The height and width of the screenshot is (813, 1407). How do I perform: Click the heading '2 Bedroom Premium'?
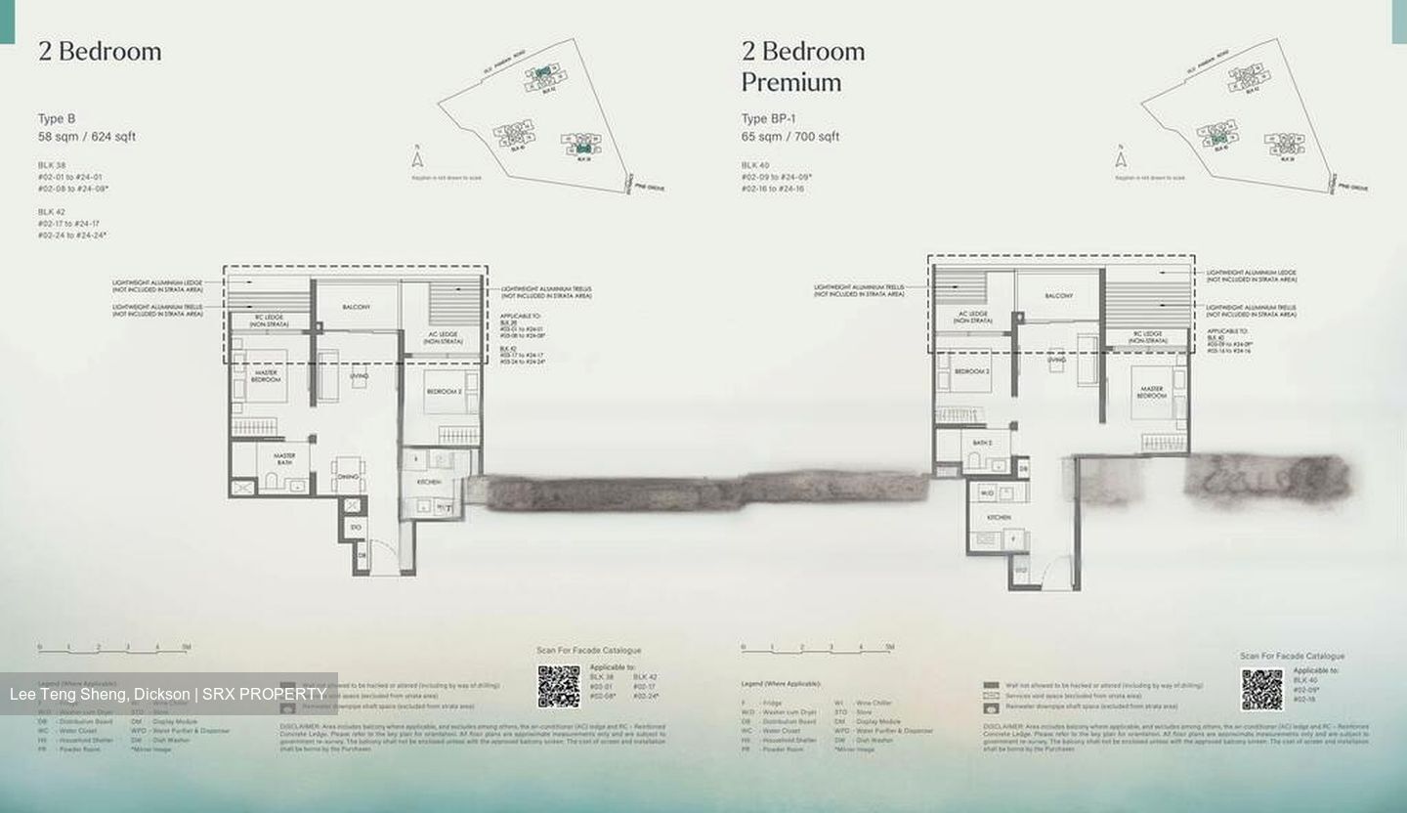coord(803,65)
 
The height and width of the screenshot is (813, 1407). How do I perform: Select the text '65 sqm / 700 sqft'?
coord(789,137)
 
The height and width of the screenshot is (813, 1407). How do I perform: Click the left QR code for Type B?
coord(558,686)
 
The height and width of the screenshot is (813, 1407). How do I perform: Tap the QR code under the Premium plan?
coord(1261,689)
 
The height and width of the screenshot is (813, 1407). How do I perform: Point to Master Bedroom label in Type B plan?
coord(266,376)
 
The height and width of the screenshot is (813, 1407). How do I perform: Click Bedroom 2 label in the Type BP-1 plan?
coord(972,372)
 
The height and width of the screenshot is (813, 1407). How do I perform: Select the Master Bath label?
coord(284,458)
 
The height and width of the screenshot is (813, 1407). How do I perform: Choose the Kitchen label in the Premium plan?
coord(998,517)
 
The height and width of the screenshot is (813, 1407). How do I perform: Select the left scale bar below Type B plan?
coord(112,648)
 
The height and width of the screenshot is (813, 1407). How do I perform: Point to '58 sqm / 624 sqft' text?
coord(87,137)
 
